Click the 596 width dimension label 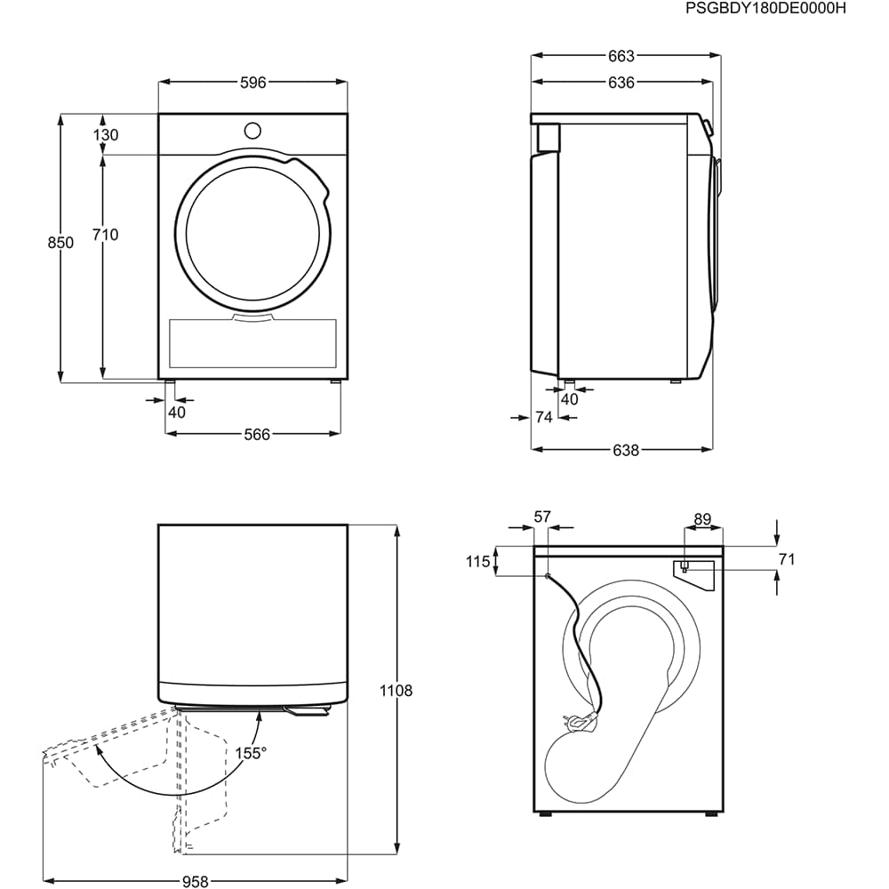click(252, 83)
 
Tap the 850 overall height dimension click(60, 243)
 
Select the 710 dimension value click(106, 235)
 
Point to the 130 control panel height click(106, 135)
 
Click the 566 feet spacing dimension click(257, 435)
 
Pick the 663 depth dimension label click(621, 56)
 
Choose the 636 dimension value click(621, 83)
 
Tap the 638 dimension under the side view click(625, 450)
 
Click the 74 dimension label click(544, 417)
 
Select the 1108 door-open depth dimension click(396, 691)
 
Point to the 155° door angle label click(251, 753)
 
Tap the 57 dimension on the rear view click(542, 517)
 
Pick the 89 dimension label click(702, 519)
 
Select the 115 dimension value click(477, 561)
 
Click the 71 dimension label click(787, 559)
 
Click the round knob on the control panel click(252, 131)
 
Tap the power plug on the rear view click(582, 721)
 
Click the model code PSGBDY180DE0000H click(765, 9)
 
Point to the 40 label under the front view click(177, 412)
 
